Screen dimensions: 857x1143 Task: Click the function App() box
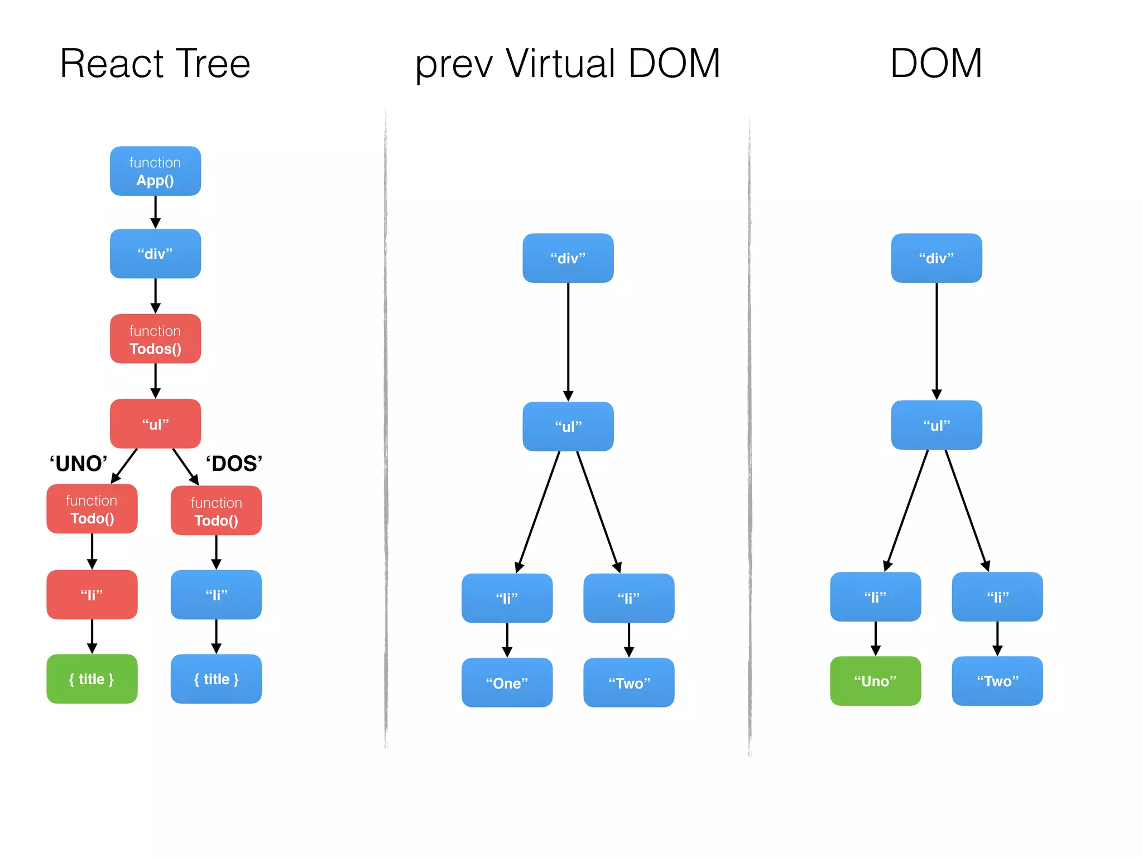(x=155, y=171)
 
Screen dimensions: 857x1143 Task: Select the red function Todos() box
(x=155, y=339)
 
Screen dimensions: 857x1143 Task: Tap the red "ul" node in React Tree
(x=155, y=424)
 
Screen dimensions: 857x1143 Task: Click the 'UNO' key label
(x=78, y=464)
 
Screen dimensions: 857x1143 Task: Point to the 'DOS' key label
(x=234, y=464)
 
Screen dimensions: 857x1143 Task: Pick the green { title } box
(x=92, y=679)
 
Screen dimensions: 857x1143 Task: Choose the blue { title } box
(x=216, y=679)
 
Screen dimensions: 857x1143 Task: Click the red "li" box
(x=92, y=595)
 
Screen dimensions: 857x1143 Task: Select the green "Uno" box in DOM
(x=875, y=681)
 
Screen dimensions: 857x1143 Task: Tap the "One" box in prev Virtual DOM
(x=507, y=683)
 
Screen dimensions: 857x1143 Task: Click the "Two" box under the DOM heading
(x=997, y=681)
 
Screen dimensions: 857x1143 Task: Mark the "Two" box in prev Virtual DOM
(x=629, y=683)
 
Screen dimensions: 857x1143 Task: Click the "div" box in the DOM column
(x=937, y=258)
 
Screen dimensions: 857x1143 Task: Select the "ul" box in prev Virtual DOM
(x=568, y=427)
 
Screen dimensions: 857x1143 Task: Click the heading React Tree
(x=155, y=64)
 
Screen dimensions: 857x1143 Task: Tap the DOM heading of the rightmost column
(x=936, y=64)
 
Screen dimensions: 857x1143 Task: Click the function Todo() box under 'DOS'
(x=216, y=511)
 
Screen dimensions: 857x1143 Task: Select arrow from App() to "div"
(x=156, y=212)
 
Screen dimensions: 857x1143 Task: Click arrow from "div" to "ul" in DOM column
(x=937, y=340)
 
